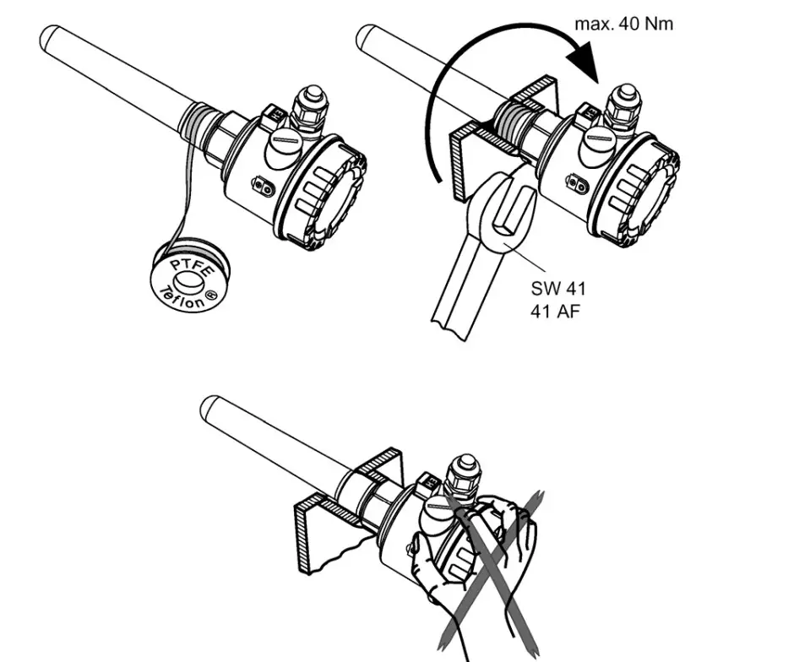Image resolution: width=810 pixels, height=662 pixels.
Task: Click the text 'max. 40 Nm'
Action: click(624, 24)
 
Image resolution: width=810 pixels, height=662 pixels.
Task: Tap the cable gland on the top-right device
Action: click(625, 106)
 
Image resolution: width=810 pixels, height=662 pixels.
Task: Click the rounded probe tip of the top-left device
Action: click(51, 37)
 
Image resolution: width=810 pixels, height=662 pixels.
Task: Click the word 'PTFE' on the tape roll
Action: click(187, 267)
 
